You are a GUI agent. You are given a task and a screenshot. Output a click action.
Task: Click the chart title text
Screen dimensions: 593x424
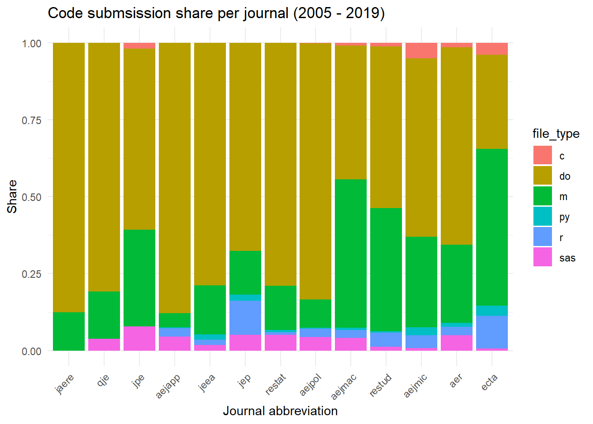[x=216, y=13]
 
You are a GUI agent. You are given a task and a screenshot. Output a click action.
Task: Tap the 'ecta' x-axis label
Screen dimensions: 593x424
[x=489, y=382]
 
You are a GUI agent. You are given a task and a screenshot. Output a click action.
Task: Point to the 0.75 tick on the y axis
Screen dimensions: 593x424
[x=31, y=121]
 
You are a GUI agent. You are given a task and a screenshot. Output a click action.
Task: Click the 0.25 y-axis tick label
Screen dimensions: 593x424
[x=31, y=274]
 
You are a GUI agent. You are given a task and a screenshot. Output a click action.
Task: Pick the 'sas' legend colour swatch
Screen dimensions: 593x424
[x=542, y=257]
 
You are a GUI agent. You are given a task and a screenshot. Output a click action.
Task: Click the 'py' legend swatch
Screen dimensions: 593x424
[x=542, y=216]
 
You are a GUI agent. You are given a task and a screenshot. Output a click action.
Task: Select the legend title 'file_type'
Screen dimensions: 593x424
[x=556, y=134]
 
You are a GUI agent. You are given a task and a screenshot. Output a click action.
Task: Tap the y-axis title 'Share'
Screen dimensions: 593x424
[x=12, y=197]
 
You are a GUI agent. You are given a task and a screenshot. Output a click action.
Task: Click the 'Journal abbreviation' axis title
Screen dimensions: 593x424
[x=280, y=411]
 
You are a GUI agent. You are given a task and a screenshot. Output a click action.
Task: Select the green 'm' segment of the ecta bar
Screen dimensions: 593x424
[x=492, y=227]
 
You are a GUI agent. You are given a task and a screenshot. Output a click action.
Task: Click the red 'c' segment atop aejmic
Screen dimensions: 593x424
[x=421, y=50]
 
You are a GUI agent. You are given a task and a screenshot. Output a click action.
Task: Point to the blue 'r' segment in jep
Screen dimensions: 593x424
[x=245, y=318]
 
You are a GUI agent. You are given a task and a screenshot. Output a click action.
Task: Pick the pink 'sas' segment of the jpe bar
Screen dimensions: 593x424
[x=139, y=338]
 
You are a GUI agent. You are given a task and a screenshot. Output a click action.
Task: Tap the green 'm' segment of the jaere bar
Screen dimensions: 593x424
[x=69, y=331]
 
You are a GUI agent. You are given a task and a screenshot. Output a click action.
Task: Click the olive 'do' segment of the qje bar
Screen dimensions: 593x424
[x=104, y=167]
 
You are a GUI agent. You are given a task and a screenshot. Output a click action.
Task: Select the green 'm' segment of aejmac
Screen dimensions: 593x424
[x=351, y=254]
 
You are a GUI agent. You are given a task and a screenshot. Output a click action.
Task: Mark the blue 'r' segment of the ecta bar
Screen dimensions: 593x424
[x=492, y=332]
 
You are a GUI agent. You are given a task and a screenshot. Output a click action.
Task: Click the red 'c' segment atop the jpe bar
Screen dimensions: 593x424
[x=139, y=45]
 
